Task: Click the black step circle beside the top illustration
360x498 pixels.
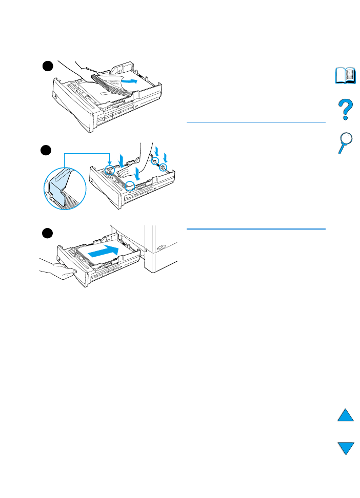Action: (x=47, y=66)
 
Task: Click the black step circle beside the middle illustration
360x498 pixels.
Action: (x=47, y=150)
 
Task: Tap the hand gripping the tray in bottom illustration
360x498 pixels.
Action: (x=59, y=268)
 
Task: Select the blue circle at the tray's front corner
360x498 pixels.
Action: (x=131, y=185)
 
